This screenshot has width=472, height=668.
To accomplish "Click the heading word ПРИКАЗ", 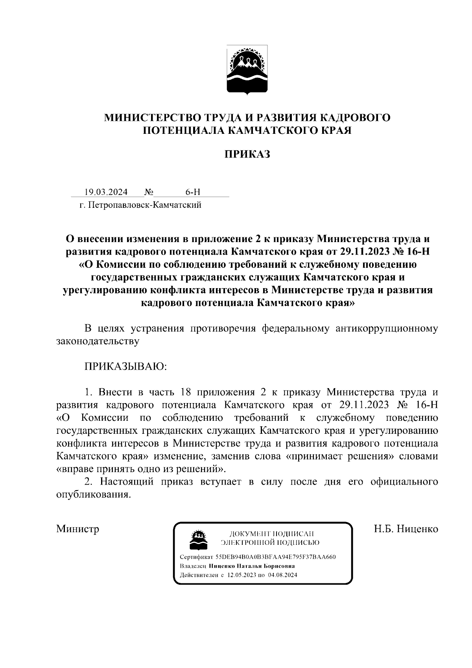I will tap(247, 154).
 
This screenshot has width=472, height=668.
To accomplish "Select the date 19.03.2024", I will tap(106, 192).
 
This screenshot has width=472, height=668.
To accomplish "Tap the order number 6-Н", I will tap(193, 192).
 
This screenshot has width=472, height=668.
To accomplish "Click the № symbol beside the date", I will tap(149, 192).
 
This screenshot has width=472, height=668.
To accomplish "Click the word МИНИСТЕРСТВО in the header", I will tap(151, 117).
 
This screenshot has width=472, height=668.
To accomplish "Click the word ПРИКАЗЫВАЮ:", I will tap(125, 366).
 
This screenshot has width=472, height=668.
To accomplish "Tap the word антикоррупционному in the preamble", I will tap(387, 329).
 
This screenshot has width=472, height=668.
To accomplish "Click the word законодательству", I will tap(98, 341).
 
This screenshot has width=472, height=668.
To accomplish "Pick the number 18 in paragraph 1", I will tap(186, 392).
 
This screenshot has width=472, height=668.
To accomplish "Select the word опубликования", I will tap(93, 495).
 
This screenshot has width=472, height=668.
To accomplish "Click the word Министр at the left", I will tap(77, 529).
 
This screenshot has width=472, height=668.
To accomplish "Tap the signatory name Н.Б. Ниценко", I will tap(406, 529).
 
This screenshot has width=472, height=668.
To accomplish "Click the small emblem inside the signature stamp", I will tap(199, 539).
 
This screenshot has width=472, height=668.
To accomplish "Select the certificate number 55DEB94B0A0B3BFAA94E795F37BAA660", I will tap(275, 557).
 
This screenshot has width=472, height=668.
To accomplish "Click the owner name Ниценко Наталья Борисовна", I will tap(252, 566).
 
